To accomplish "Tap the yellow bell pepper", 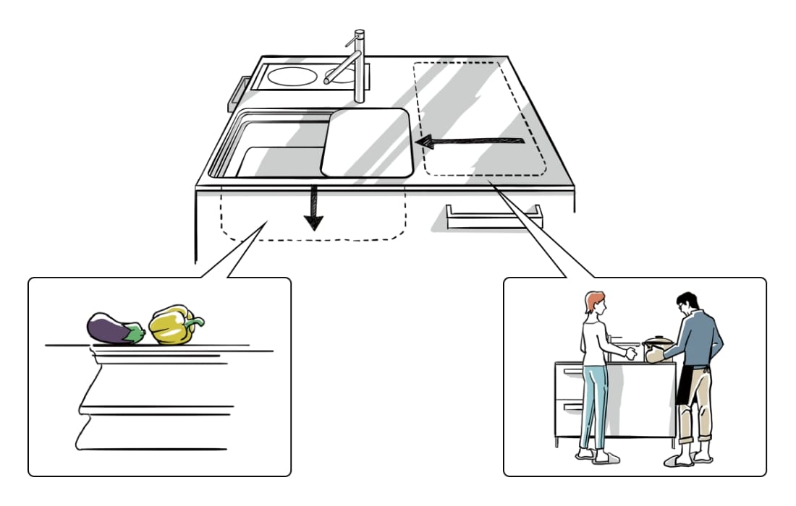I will click(171, 326).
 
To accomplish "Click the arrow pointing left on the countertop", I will click(470, 142).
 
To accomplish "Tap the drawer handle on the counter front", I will click(494, 218).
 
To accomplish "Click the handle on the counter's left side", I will click(237, 93).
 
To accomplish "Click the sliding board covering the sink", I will click(368, 142).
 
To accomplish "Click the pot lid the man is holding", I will click(658, 340).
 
